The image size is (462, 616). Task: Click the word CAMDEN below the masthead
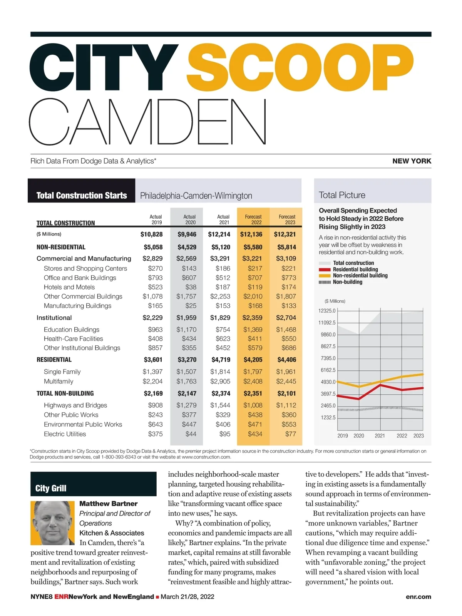click(148, 122)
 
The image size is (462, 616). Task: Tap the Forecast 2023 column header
click(287, 219)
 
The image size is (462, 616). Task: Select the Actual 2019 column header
click(156, 219)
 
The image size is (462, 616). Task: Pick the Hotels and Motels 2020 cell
click(191, 287)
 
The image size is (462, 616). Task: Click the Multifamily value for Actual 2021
click(220, 382)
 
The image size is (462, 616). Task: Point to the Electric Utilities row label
click(65, 434)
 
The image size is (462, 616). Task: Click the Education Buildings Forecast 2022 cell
click(253, 330)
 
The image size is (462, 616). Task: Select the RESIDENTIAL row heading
click(54, 360)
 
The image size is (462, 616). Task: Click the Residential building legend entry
click(355, 269)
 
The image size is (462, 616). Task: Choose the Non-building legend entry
click(347, 282)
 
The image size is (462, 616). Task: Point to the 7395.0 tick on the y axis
click(328, 358)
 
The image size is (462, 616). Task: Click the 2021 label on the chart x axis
click(380, 436)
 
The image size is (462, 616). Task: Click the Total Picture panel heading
click(342, 195)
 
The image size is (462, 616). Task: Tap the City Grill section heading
click(51, 488)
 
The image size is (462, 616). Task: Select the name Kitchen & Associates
click(112, 533)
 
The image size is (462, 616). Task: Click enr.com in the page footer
click(418, 597)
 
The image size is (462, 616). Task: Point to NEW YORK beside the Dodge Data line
click(412, 161)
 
